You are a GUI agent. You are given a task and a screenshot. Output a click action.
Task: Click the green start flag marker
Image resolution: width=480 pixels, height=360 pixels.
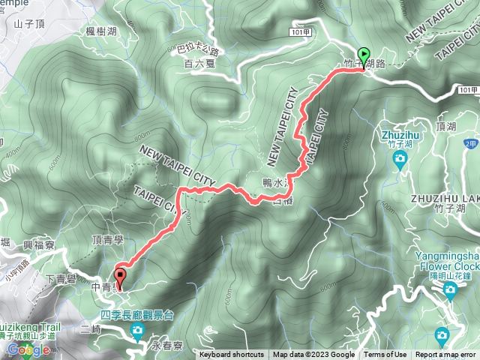tap(364, 55)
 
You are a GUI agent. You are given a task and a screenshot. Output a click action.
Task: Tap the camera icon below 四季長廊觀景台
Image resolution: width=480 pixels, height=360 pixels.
tap(137, 331)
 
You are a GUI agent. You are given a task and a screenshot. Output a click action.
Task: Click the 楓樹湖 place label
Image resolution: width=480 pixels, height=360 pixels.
tap(80, 31)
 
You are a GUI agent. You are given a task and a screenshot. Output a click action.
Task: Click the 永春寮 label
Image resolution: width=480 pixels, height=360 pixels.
tap(166, 346)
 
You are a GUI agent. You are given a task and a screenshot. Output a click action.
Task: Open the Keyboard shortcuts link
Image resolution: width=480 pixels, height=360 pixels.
tap(231, 355)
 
